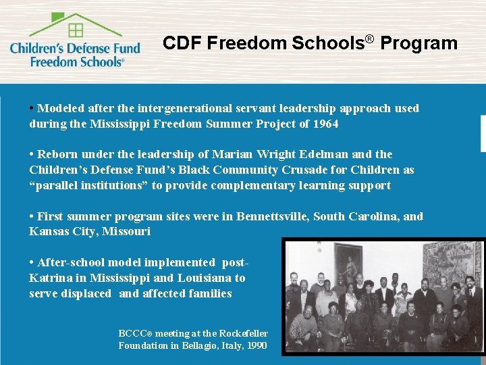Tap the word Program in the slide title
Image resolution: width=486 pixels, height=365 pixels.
point(418,43)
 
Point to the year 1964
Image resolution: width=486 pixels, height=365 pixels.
point(325,124)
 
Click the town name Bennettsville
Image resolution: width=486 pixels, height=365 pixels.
point(260,216)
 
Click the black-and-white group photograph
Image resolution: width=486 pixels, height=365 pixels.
point(383,297)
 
